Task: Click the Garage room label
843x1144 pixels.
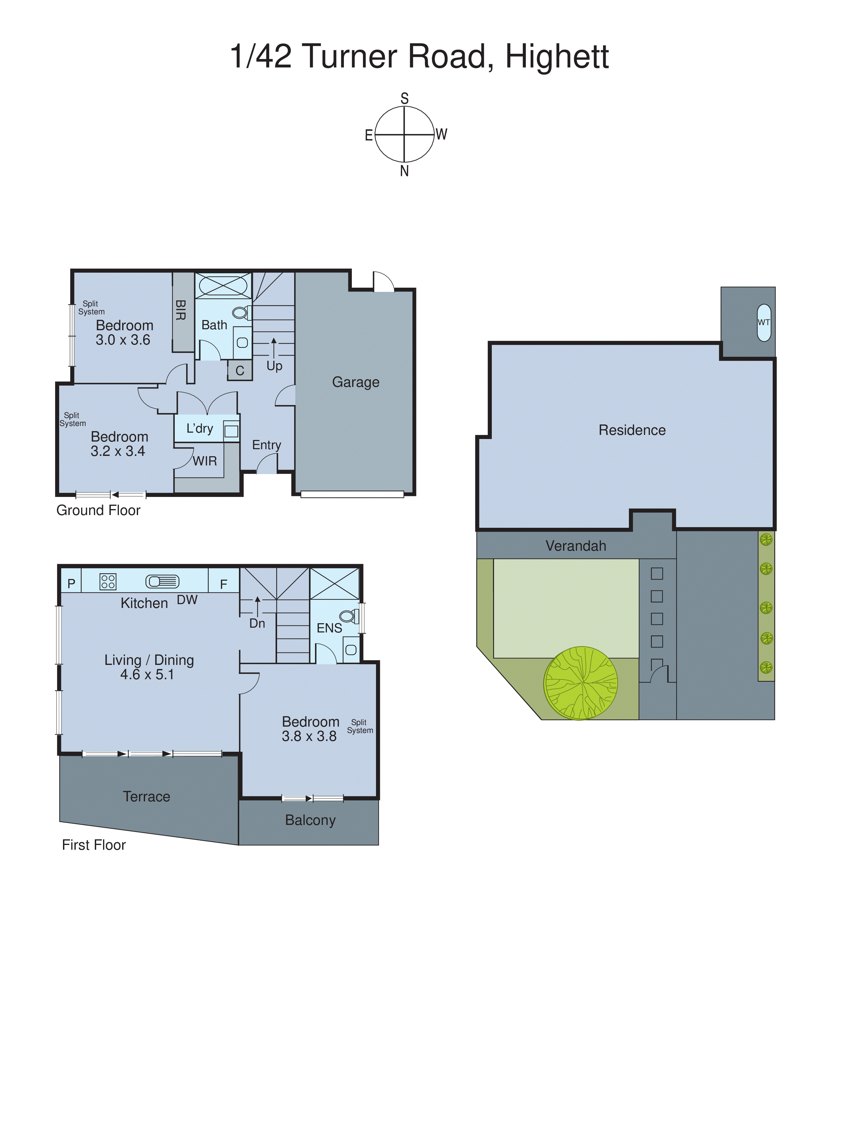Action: (x=356, y=382)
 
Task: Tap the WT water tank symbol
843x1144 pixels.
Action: (x=763, y=323)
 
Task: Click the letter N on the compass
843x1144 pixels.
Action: (x=404, y=171)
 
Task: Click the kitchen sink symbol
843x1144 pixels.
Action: (x=162, y=582)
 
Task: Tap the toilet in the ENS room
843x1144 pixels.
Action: (x=349, y=617)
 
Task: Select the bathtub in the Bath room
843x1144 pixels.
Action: (x=223, y=285)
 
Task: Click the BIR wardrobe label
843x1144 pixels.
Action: (x=180, y=310)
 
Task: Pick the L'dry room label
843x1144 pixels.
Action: (x=199, y=429)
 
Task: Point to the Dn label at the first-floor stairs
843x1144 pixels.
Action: (x=257, y=624)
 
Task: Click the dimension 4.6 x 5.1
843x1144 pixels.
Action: (x=147, y=674)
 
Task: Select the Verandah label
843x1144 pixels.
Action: (x=575, y=546)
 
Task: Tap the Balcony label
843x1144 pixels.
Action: (x=310, y=820)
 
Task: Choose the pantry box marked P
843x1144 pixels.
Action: (x=72, y=584)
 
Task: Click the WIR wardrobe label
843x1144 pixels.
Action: (x=205, y=461)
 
